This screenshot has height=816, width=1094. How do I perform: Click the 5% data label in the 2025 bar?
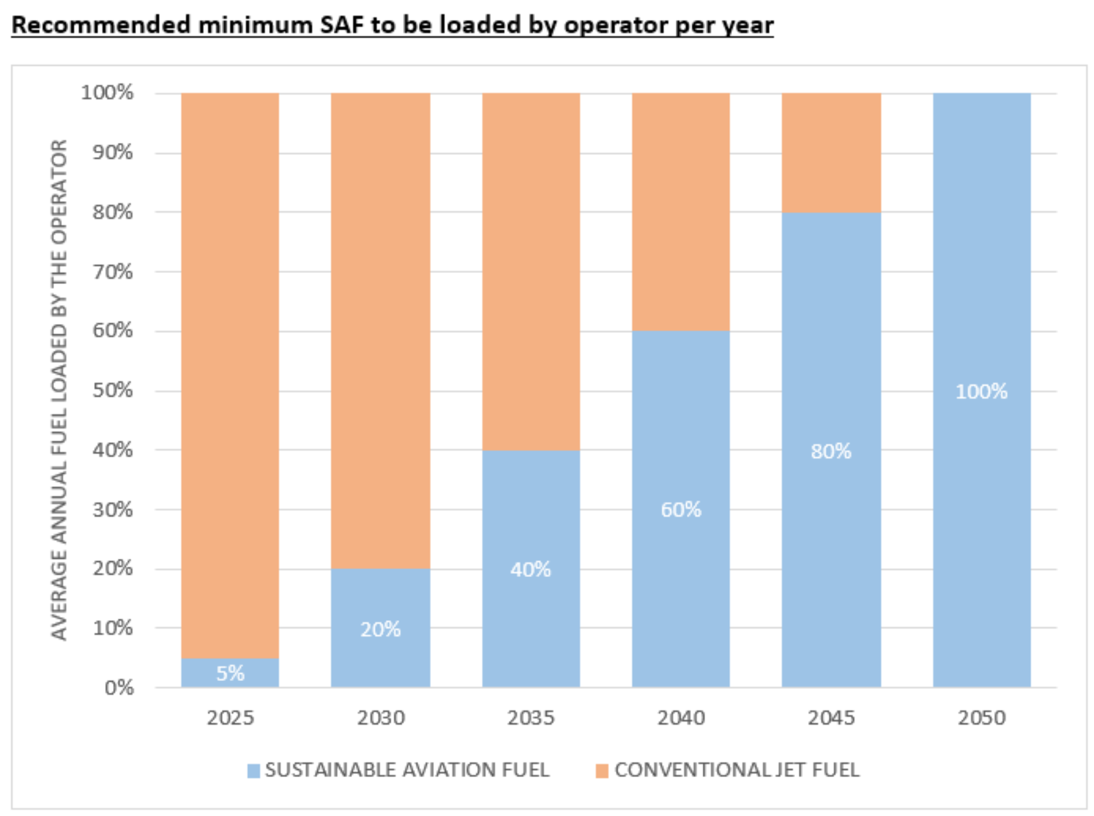230,673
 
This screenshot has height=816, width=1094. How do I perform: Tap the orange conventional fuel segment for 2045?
831,152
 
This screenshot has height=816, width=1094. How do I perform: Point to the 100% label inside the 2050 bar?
981,391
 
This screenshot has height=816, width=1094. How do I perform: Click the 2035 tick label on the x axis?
531,718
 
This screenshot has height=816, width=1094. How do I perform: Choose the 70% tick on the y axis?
112,271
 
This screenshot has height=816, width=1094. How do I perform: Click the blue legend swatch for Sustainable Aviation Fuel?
253,770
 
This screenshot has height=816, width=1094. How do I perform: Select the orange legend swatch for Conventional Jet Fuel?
602,770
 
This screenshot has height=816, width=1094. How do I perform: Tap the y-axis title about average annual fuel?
58,389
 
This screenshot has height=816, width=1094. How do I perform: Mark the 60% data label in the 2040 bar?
681,509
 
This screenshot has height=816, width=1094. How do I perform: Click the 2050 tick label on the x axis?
981,718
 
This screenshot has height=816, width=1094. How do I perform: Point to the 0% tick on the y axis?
119,688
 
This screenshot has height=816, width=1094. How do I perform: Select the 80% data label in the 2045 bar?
831,451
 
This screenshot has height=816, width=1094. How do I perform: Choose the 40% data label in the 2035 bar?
531,569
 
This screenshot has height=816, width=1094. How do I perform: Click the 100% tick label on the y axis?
107,92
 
